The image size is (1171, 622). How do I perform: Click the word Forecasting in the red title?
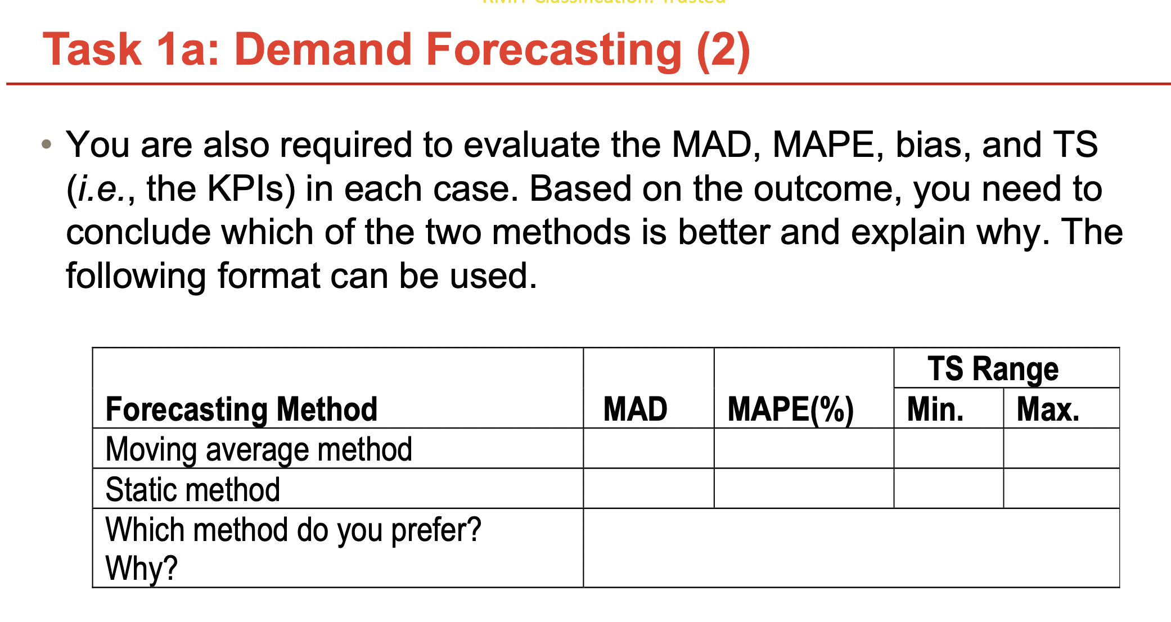click(x=553, y=51)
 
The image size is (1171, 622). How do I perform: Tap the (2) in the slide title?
click(x=723, y=51)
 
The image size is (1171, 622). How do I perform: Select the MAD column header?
click(x=635, y=409)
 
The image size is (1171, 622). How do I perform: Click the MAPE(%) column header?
click(x=790, y=409)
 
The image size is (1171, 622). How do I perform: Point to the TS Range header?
click(x=993, y=369)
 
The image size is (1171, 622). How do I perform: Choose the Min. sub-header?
click(x=935, y=409)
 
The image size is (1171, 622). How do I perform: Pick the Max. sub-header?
click(x=1048, y=409)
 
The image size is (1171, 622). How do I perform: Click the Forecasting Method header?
click(x=241, y=409)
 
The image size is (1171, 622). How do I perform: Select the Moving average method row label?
click(x=259, y=449)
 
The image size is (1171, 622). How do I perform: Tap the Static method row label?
click(x=192, y=489)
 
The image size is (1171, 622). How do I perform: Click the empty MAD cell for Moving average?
click(x=648, y=449)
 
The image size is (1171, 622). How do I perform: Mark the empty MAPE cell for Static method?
click(x=804, y=489)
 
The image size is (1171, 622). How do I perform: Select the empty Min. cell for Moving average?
click(x=948, y=449)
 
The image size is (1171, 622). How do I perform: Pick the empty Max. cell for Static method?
click(x=1061, y=489)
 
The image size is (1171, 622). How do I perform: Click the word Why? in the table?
click(x=141, y=568)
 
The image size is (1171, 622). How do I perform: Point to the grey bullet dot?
click(x=47, y=145)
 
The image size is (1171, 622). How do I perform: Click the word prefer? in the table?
click(x=436, y=530)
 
